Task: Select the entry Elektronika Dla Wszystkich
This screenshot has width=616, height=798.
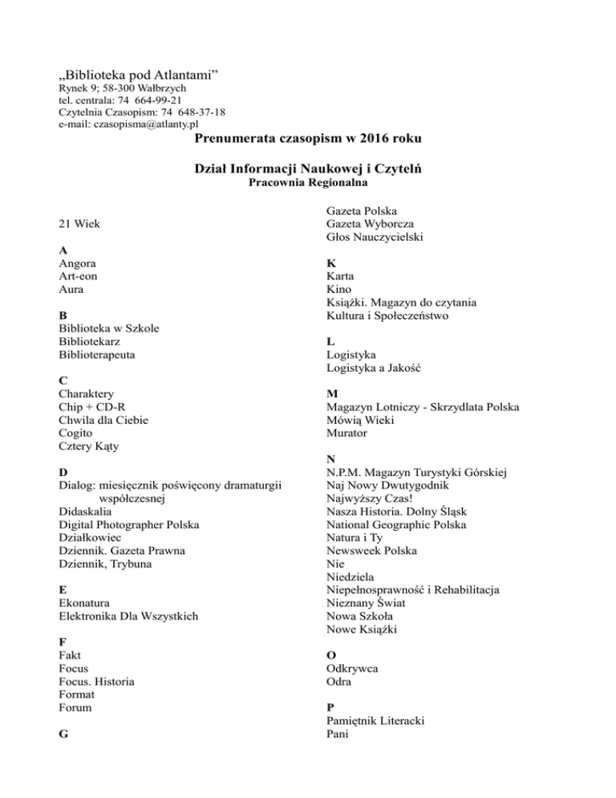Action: pos(128,617)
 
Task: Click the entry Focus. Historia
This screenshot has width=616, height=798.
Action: pos(96,682)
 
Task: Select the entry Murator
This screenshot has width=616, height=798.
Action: pos(347,434)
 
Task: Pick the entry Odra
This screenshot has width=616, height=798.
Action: pos(338,682)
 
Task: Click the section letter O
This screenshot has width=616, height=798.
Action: pos(331,655)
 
